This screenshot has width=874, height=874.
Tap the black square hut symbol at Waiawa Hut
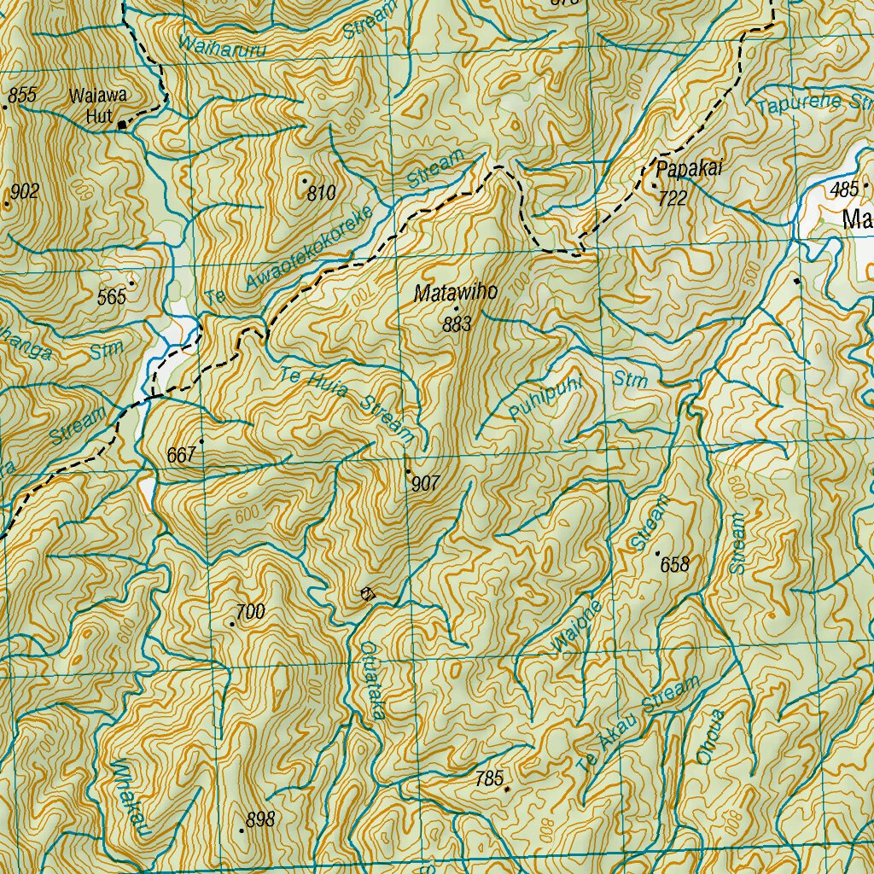122,125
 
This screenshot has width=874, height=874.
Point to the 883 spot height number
457,324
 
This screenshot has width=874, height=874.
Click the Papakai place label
688,169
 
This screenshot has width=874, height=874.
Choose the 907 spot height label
425,484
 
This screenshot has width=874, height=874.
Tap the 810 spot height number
321,193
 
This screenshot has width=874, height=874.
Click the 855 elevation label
22,96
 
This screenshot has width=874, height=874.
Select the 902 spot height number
26,191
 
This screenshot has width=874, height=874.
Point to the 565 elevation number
112,296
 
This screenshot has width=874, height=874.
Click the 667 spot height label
183,456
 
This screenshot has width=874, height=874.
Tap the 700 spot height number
250,611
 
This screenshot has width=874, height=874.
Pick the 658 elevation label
674,564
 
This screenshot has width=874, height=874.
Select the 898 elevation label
260,819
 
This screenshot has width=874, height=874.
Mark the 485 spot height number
844,189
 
